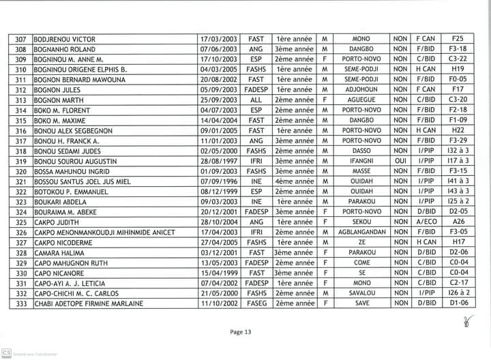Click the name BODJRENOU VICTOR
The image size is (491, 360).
coord(61,40)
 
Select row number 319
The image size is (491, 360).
coord(20,161)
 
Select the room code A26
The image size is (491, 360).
coord(458,222)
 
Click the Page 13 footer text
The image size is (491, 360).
coord(241,332)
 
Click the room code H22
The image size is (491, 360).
coord(458,130)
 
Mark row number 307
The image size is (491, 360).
coord(20,40)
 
